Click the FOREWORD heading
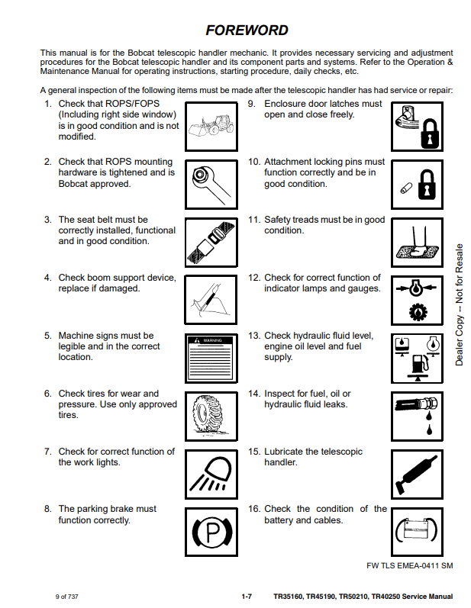click(x=247, y=31)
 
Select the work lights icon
click(x=209, y=473)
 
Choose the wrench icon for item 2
click(x=209, y=183)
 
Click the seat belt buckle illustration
click(x=209, y=241)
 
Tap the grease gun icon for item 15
click(x=416, y=473)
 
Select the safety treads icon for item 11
click(x=416, y=241)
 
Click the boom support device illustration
click(x=209, y=299)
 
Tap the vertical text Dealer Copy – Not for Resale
click(x=460, y=304)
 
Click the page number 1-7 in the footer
click(x=246, y=597)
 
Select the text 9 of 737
click(x=67, y=597)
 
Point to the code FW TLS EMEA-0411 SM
click(x=410, y=565)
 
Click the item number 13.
click(x=254, y=336)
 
